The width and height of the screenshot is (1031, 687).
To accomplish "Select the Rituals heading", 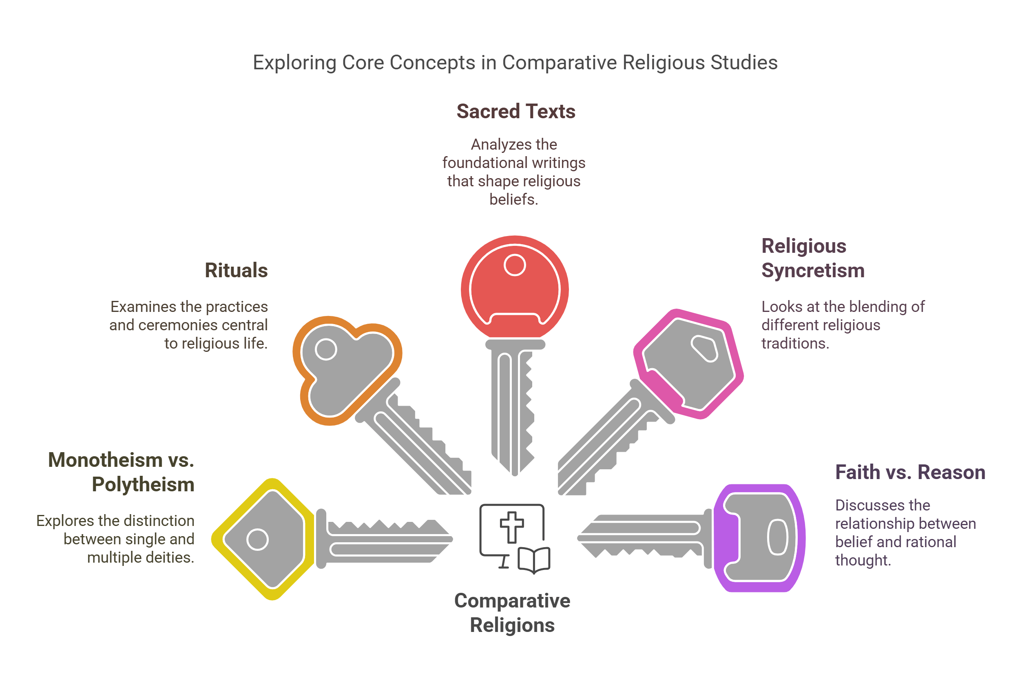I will click(x=236, y=270).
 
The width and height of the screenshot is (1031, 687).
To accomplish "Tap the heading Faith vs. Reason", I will click(x=910, y=472).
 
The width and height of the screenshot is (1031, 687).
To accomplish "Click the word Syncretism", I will click(x=813, y=270).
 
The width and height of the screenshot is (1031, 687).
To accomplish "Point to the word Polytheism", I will click(x=143, y=485).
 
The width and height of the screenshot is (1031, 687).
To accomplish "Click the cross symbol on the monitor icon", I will click(x=512, y=527).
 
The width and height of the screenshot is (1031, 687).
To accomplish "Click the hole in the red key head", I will click(x=515, y=265).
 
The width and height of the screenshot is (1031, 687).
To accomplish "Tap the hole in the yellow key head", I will click(x=257, y=539).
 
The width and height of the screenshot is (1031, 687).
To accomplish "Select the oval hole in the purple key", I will click(x=778, y=537).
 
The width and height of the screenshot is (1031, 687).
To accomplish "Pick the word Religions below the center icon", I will click(x=512, y=625).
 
